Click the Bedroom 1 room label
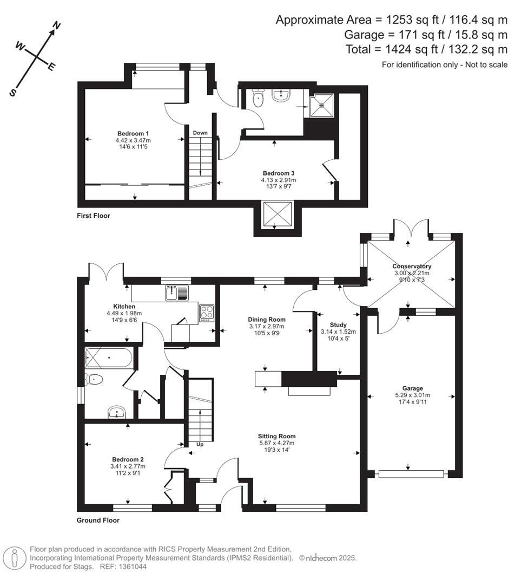pyautogui.click(x=133, y=133)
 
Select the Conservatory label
pyautogui.click(x=412, y=266)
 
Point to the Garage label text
pyautogui.click(x=412, y=388)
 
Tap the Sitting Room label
pyautogui.click(x=276, y=436)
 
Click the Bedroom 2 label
pyautogui.click(x=128, y=459)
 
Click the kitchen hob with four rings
pyautogui.click(x=207, y=313)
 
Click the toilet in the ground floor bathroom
pyautogui.click(x=94, y=379)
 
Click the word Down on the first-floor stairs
pyautogui.click(x=200, y=133)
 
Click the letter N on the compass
pyautogui.click(x=56, y=25)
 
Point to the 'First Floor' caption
pyautogui.click(x=93, y=216)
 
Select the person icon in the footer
pyautogui.click(x=14, y=557)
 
